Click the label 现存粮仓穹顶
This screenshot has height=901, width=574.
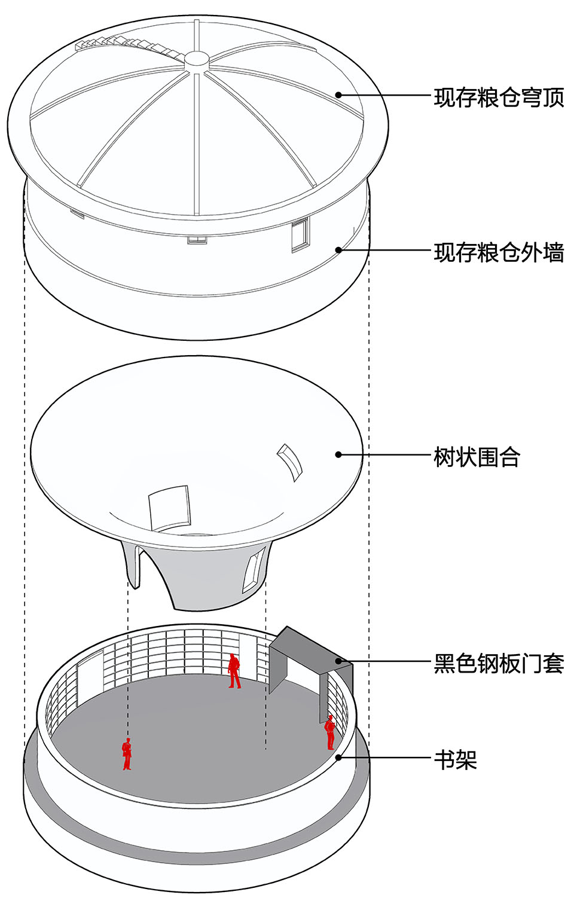(x=499, y=97)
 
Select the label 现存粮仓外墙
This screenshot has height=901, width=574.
(x=499, y=252)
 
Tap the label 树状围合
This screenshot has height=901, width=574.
(x=477, y=457)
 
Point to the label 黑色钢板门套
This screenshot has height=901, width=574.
(x=499, y=664)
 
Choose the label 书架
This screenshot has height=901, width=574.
(x=455, y=760)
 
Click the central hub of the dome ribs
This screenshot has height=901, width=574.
(x=196, y=59)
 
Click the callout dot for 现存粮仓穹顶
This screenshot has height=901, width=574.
(x=338, y=94)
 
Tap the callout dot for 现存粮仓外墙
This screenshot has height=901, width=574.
(x=338, y=250)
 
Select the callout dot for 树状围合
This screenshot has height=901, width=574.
(x=338, y=454)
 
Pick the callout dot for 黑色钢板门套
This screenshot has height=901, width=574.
(x=338, y=661)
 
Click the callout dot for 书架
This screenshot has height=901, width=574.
(x=338, y=758)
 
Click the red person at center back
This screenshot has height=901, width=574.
(x=234, y=671)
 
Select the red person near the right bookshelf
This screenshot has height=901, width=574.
(x=329, y=732)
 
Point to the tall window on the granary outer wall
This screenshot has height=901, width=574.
(x=300, y=235)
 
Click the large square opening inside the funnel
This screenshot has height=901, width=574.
(x=169, y=508)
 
